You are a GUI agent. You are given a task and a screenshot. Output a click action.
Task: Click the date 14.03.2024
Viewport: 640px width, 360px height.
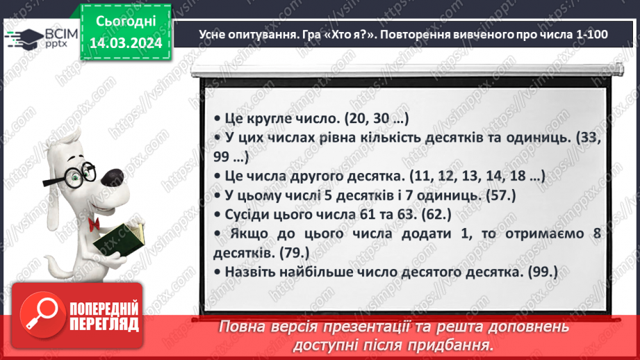tap(125, 42)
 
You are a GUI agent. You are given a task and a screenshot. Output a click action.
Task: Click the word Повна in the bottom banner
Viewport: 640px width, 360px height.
tap(243, 326)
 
